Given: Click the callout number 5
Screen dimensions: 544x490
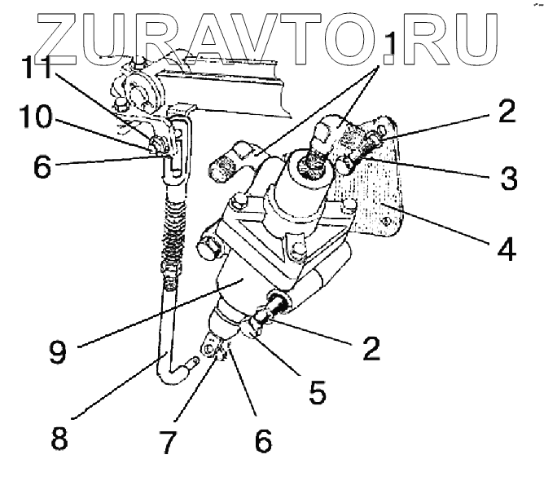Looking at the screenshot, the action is pyautogui.click(x=318, y=393).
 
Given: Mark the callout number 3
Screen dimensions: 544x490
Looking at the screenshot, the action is pyautogui.click(x=507, y=179).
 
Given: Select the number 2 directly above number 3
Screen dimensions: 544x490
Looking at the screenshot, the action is pyautogui.click(x=507, y=113).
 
